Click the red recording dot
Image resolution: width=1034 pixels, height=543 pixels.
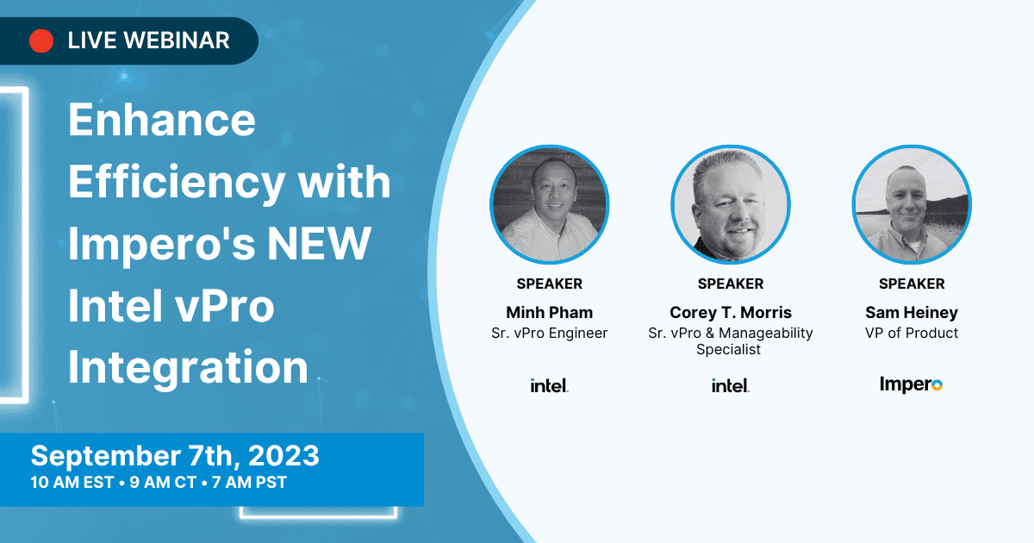[x=41, y=41]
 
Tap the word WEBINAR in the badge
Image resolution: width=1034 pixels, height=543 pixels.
[x=177, y=41]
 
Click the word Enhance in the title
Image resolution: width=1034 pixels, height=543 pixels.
[x=162, y=120]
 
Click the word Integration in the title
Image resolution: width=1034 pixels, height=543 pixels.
[x=188, y=367]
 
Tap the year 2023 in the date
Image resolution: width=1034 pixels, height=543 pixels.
[x=283, y=456]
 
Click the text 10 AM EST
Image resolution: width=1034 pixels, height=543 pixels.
[x=72, y=482]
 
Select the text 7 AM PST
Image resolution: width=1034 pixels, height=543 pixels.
[x=249, y=482]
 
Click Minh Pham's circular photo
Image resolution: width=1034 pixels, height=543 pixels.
[x=550, y=204]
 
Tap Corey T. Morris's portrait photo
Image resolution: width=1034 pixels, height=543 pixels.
[x=731, y=204]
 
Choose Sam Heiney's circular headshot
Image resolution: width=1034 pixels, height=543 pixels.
[x=912, y=204]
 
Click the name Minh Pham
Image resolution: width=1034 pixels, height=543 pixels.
[x=550, y=313]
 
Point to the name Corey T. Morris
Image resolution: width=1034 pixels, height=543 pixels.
[x=731, y=313]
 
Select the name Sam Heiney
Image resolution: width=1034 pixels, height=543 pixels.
[x=912, y=313]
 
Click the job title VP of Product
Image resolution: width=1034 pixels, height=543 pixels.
[x=912, y=333]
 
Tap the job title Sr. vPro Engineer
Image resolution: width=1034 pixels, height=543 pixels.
[x=550, y=333]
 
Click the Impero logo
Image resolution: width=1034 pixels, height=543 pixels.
[x=911, y=384]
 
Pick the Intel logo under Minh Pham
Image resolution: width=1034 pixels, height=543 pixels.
[x=550, y=385]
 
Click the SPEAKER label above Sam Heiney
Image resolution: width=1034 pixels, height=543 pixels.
[x=912, y=284]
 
